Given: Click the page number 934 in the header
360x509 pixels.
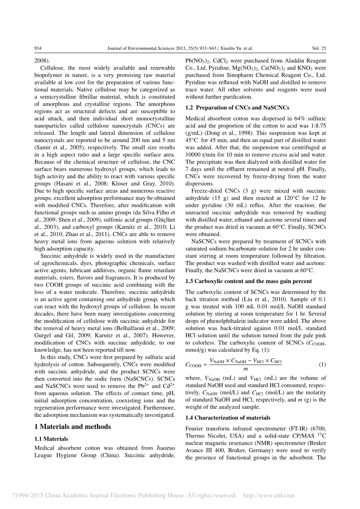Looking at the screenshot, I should click(38, 49).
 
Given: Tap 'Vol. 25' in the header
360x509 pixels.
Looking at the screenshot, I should click(319, 49).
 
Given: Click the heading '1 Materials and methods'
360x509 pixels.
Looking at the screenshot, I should click(72, 427).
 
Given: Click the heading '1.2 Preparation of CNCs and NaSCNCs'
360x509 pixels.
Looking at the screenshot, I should click(237, 108).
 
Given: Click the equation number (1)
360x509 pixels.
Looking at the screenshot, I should click(322, 364).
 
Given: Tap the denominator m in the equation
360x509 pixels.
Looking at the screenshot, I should click(245, 369).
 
